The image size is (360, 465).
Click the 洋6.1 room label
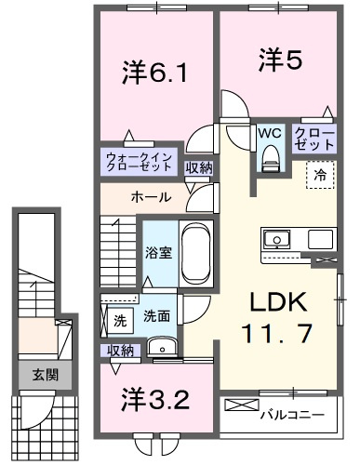point(154,73)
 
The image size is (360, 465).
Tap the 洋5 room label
point(280,60)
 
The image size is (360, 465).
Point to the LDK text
point(278,302)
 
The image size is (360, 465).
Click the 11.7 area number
point(277,333)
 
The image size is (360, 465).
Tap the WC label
point(271,134)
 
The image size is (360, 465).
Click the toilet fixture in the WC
point(272,158)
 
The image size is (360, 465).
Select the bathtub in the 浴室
point(196,254)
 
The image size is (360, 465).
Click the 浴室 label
point(159,253)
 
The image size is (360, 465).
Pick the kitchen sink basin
point(276,239)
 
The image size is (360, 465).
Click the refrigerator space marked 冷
point(321,175)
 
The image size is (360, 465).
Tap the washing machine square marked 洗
point(120,321)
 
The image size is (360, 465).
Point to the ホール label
point(151,197)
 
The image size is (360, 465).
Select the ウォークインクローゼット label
point(139,162)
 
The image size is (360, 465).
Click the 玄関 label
point(46,376)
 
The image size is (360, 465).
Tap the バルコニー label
point(292,414)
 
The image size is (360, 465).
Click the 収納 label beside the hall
point(199,168)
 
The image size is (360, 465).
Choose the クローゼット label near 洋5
point(314,139)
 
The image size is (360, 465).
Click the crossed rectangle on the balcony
point(242,405)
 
